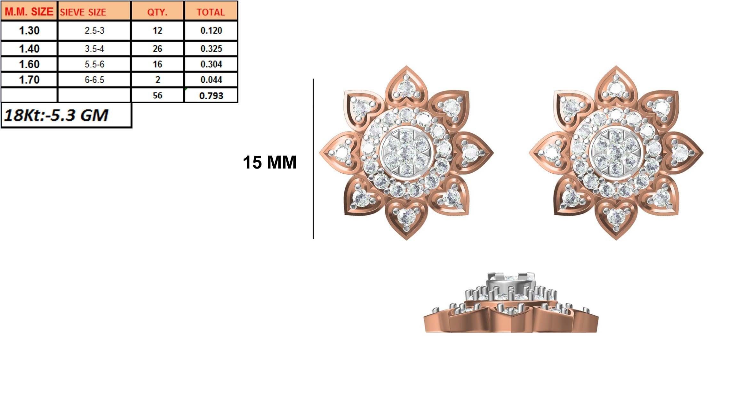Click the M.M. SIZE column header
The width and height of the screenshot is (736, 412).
[29, 12]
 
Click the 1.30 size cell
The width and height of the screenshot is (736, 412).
[29, 30]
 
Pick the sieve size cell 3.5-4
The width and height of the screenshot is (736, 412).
[94, 49]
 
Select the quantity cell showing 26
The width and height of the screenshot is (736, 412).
[157, 49]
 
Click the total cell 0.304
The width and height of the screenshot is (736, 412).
[211, 64]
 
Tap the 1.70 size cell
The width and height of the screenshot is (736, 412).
[29, 79]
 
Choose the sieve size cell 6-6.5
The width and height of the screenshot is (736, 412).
[94, 79]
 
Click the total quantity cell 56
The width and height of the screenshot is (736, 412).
[157, 95]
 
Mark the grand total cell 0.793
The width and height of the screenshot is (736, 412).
[211, 95]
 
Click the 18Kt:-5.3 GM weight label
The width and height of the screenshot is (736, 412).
[56, 115]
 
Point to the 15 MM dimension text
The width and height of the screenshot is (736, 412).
[269, 162]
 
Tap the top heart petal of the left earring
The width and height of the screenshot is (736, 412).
[406, 85]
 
